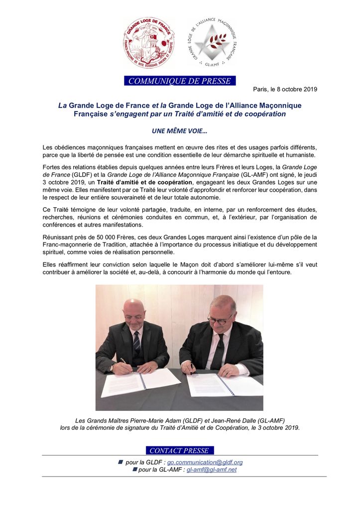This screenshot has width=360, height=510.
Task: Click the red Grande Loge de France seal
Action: pos(149,42)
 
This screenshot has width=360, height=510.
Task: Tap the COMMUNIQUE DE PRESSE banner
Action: pos(180,81)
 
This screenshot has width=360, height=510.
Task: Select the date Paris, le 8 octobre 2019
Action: pos(285,89)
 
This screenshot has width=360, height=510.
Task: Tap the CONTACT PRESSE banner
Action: pos(179,451)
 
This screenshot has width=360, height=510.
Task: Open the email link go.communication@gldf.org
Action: pos(205,462)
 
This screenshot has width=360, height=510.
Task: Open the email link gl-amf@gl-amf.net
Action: pos(212,470)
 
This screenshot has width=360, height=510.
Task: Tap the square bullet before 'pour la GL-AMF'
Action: pos(134,470)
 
